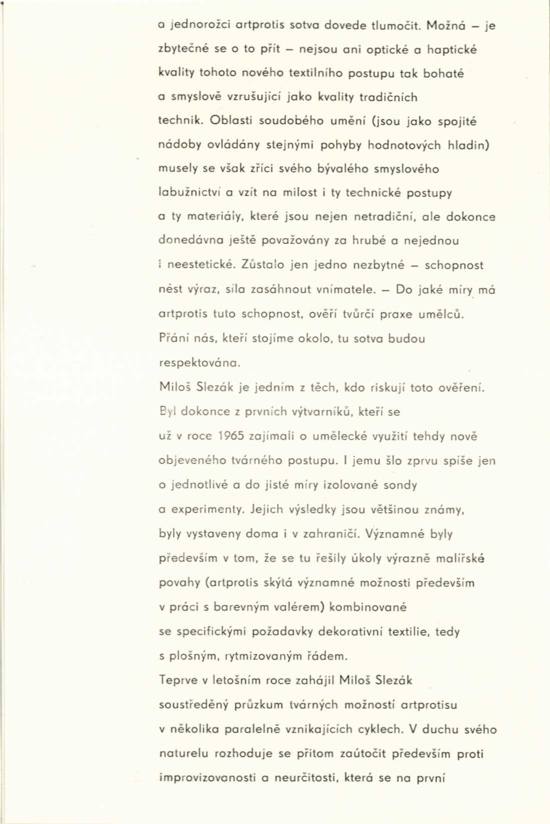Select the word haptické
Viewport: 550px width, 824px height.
452,50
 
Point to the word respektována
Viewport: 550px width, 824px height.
200,363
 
